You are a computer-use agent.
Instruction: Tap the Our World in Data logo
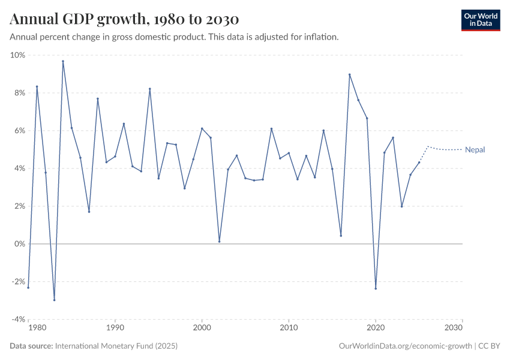point(480,20)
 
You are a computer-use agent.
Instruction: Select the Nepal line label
point(475,150)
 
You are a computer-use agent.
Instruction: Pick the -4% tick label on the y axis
point(17,319)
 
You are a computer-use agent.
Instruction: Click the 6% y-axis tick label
point(19,131)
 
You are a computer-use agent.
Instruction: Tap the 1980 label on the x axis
point(37,328)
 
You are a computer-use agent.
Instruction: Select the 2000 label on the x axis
point(202,328)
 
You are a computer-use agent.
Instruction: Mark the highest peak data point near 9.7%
point(63,61)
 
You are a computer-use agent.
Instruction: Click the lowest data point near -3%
point(54,300)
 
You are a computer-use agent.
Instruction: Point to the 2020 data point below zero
point(376,289)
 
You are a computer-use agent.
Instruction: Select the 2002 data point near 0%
point(219,242)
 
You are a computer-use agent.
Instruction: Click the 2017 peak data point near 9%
point(349,74)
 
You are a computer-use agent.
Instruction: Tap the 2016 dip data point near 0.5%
point(341,235)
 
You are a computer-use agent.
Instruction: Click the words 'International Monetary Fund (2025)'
point(116,346)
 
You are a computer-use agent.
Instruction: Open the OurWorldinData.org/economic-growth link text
point(406,346)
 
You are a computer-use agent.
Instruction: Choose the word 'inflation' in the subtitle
point(321,37)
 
